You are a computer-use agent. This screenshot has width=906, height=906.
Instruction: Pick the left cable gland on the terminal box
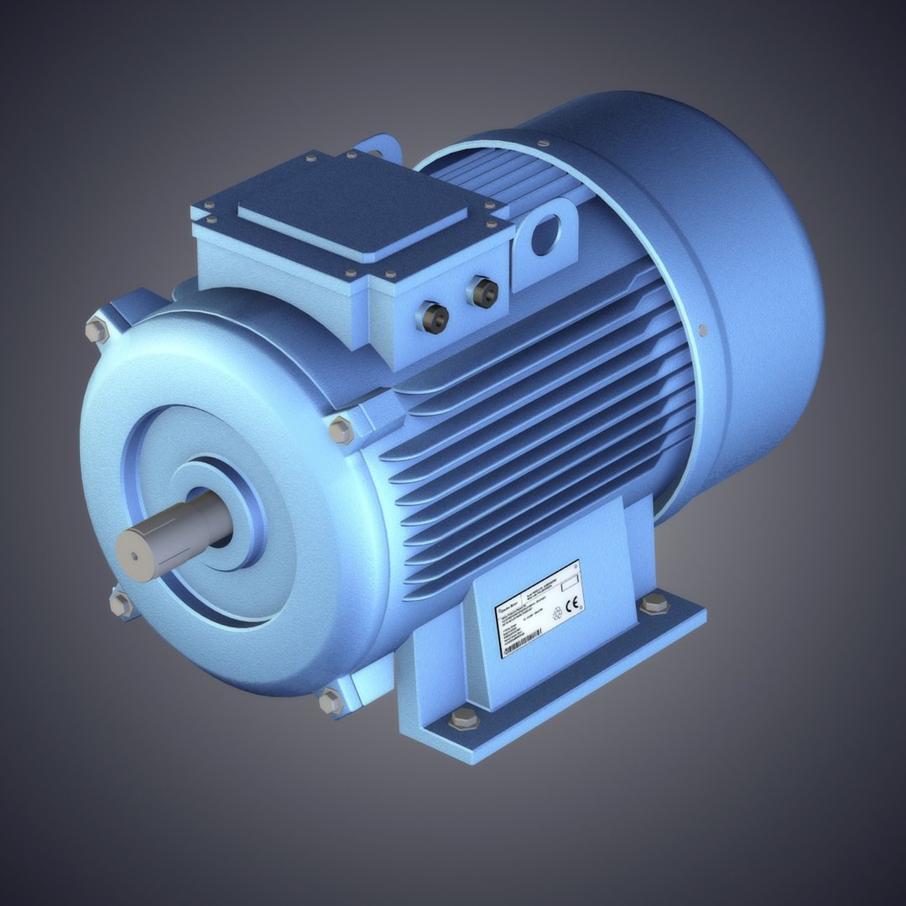click(x=435, y=315)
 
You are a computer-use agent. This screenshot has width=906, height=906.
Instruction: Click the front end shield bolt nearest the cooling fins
click(x=341, y=430)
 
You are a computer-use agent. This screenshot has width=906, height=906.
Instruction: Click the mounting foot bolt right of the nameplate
click(x=653, y=603)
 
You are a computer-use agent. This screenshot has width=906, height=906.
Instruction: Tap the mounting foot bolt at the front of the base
click(x=462, y=719)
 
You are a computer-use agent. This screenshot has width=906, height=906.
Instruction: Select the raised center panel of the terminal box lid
click(x=351, y=206)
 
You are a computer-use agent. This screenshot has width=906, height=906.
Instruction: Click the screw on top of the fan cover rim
click(x=544, y=143)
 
